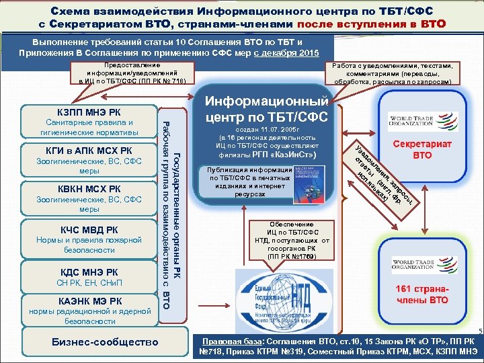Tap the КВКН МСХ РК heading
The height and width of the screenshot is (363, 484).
pyautogui.click(x=83, y=189)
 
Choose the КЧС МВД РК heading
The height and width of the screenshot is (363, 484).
pyautogui.click(x=83, y=229)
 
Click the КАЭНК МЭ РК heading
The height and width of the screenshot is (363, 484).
pyautogui.click(x=83, y=300)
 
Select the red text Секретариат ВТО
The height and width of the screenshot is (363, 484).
pyautogui.click(x=421, y=149)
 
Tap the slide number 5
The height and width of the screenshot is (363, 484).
pyautogui.click(x=480, y=331)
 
